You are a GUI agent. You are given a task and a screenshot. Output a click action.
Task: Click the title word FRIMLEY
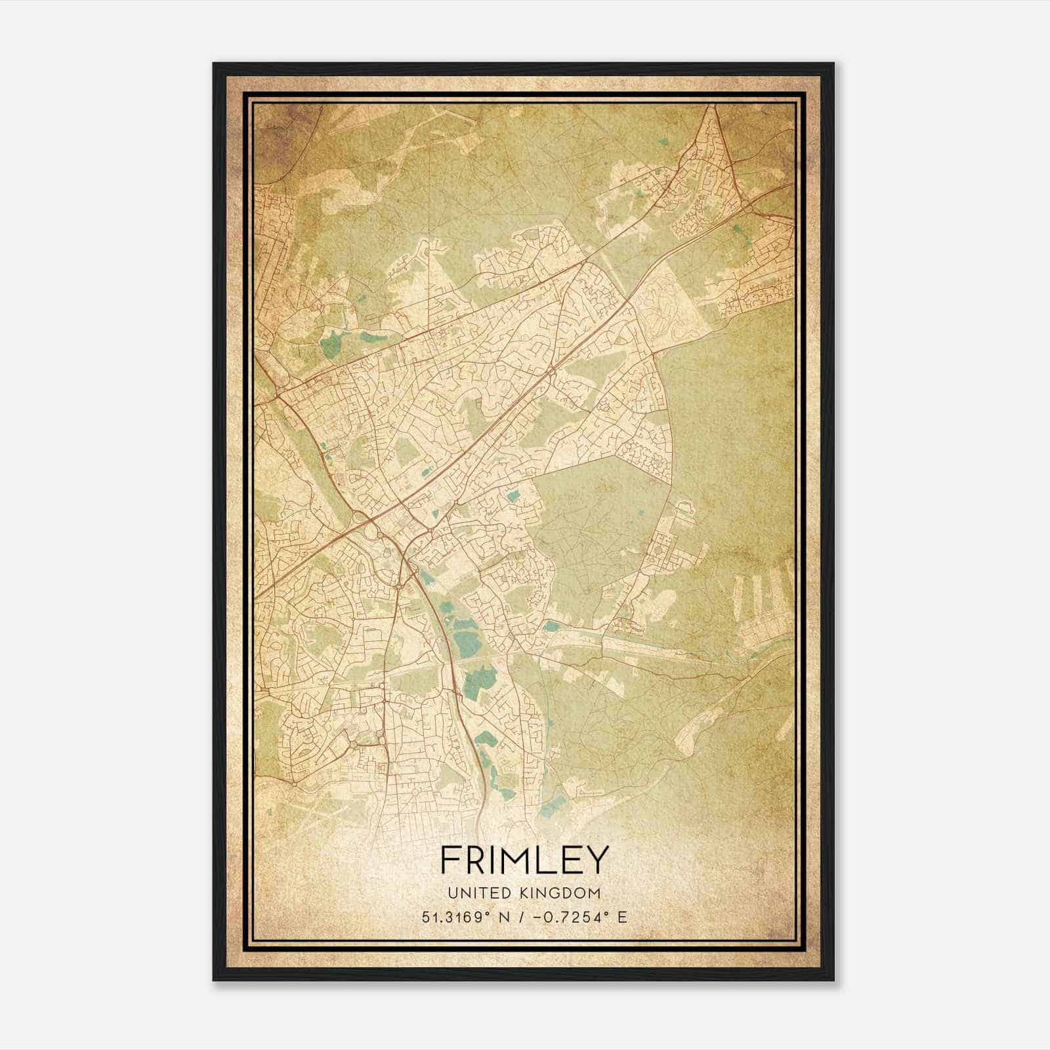coord(524,860)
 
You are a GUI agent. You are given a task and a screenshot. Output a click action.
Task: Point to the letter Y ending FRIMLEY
coord(598,860)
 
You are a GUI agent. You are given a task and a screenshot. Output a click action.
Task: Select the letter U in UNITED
coord(452,893)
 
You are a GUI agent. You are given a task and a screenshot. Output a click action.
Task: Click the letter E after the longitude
coord(622,917)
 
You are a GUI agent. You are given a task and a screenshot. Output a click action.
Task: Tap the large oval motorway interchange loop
coord(367,527)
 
